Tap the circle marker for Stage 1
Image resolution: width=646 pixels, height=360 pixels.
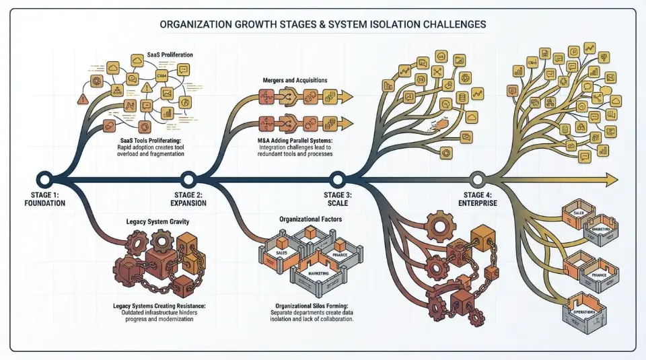(x=44, y=179)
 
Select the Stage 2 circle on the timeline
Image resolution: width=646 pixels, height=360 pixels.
(x=188, y=179)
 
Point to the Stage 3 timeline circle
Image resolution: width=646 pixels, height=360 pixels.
(x=337, y=179)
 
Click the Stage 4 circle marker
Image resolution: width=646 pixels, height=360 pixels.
(x=477, y=179)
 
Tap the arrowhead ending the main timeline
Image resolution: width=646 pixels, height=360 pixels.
(x=611, y=179)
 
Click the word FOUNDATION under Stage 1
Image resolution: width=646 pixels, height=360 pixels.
(x=44, y=203)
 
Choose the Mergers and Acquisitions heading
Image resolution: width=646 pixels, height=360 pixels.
(x=295, y=80)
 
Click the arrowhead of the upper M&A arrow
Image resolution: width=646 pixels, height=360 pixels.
(x=347, y=97)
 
